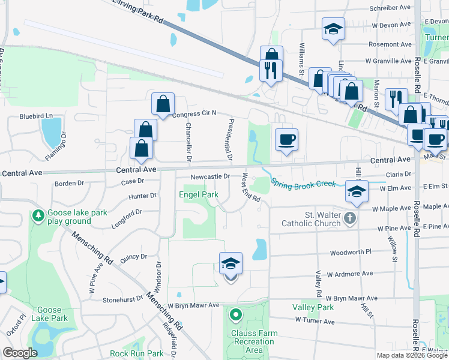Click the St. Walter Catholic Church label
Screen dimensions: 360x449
[x=310, y=219]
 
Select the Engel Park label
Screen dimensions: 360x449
[x=196, y=194]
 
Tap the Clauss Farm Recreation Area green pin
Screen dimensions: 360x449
[x=237, y=314]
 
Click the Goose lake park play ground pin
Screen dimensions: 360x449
[x=38, y=214]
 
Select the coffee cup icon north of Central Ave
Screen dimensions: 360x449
[x=286, y=139]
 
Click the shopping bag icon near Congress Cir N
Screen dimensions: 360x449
[x=163, y=104]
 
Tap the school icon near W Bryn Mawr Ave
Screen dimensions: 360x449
[x=231, y=263]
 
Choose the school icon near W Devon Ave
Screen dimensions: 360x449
[x=332, y=29]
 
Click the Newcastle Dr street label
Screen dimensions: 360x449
[x=211, y=177]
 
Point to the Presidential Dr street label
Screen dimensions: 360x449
[x=230, y=140]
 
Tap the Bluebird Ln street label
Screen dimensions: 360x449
[x=36, y=116]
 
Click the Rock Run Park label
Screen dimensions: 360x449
[x=136, y=354]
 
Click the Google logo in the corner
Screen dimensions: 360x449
[x=20, y=353]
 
